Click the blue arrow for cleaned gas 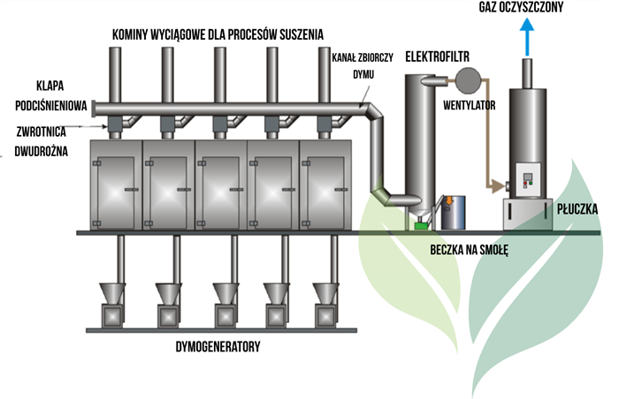[528, 40]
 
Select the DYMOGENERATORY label [218, 347]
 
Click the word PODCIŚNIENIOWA [50, 105]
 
